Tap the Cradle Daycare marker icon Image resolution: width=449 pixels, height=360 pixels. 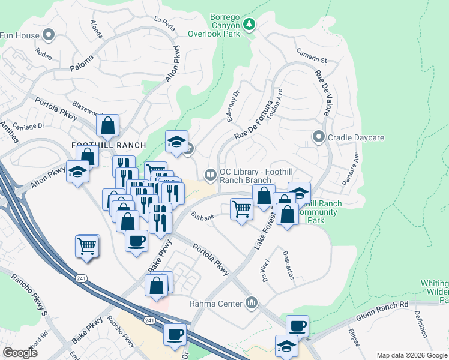[x=319, y=137]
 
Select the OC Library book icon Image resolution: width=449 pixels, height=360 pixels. [x=211, y=175]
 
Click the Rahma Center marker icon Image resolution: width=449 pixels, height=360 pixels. [x=252, y=303]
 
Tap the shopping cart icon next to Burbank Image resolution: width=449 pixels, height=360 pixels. [x=241, y=209]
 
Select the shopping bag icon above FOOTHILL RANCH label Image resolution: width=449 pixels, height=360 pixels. [x=108, y=125]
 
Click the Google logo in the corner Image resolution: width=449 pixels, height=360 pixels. [x=20, y=353]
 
